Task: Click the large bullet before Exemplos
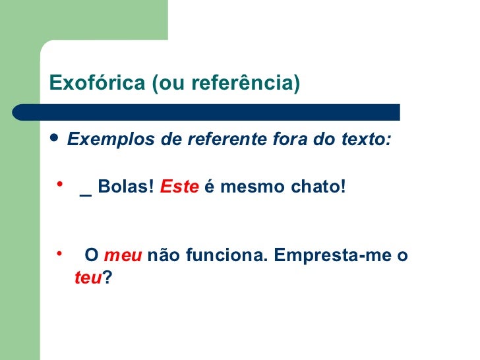pos(54,139)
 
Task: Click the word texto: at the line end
pos(367,140)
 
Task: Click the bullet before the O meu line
pos(59,251)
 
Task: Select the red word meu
pos(123,256)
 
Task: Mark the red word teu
pos(88,279)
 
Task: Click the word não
pos(162,256)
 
